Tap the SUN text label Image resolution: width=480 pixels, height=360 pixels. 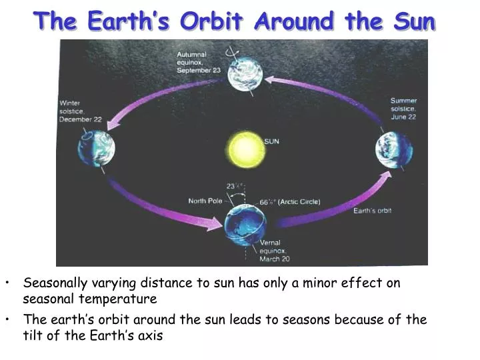tap(272, 141)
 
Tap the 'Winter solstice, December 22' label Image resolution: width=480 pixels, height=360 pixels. tap(81, 111)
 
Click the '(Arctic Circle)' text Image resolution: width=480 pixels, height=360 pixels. tap(299, 201)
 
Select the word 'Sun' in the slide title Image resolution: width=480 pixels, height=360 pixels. tap(413, 21)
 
